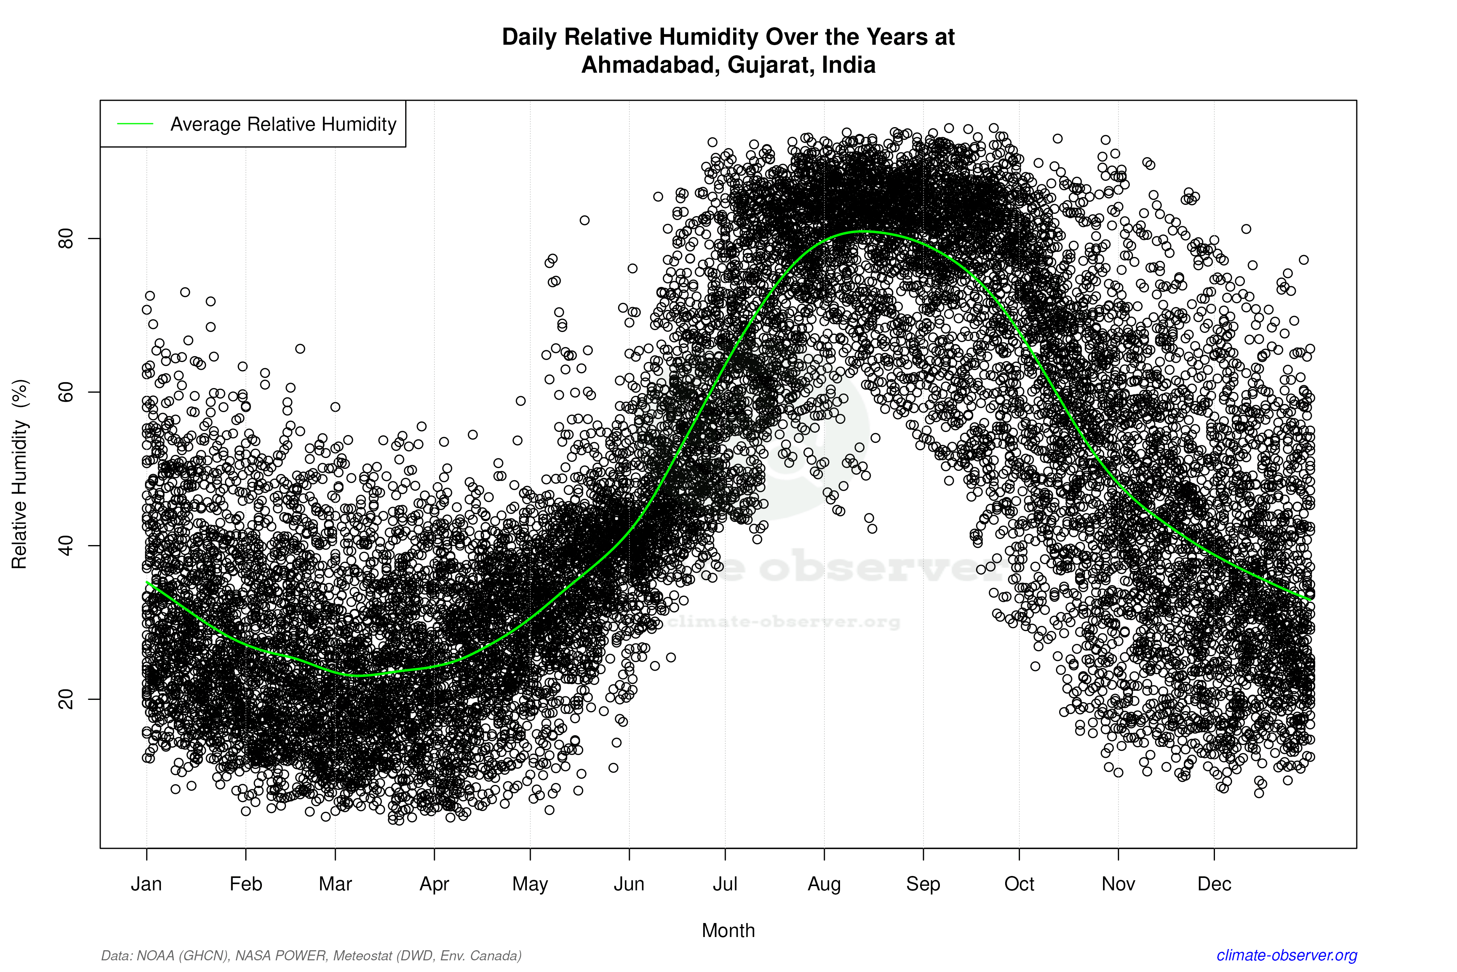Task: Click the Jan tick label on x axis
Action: (146, 884)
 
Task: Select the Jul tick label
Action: (725, 884)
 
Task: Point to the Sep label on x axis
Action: (923, 884)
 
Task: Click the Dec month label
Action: (1214, 884)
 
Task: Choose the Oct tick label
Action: (1019, 884)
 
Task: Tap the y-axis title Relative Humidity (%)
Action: (20, 474)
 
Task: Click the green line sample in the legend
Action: (135, 124)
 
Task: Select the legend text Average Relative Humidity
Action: (283, 124)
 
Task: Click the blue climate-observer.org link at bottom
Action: (1287, 955)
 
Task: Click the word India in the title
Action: (848, 65)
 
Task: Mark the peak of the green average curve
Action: (864, 231)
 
